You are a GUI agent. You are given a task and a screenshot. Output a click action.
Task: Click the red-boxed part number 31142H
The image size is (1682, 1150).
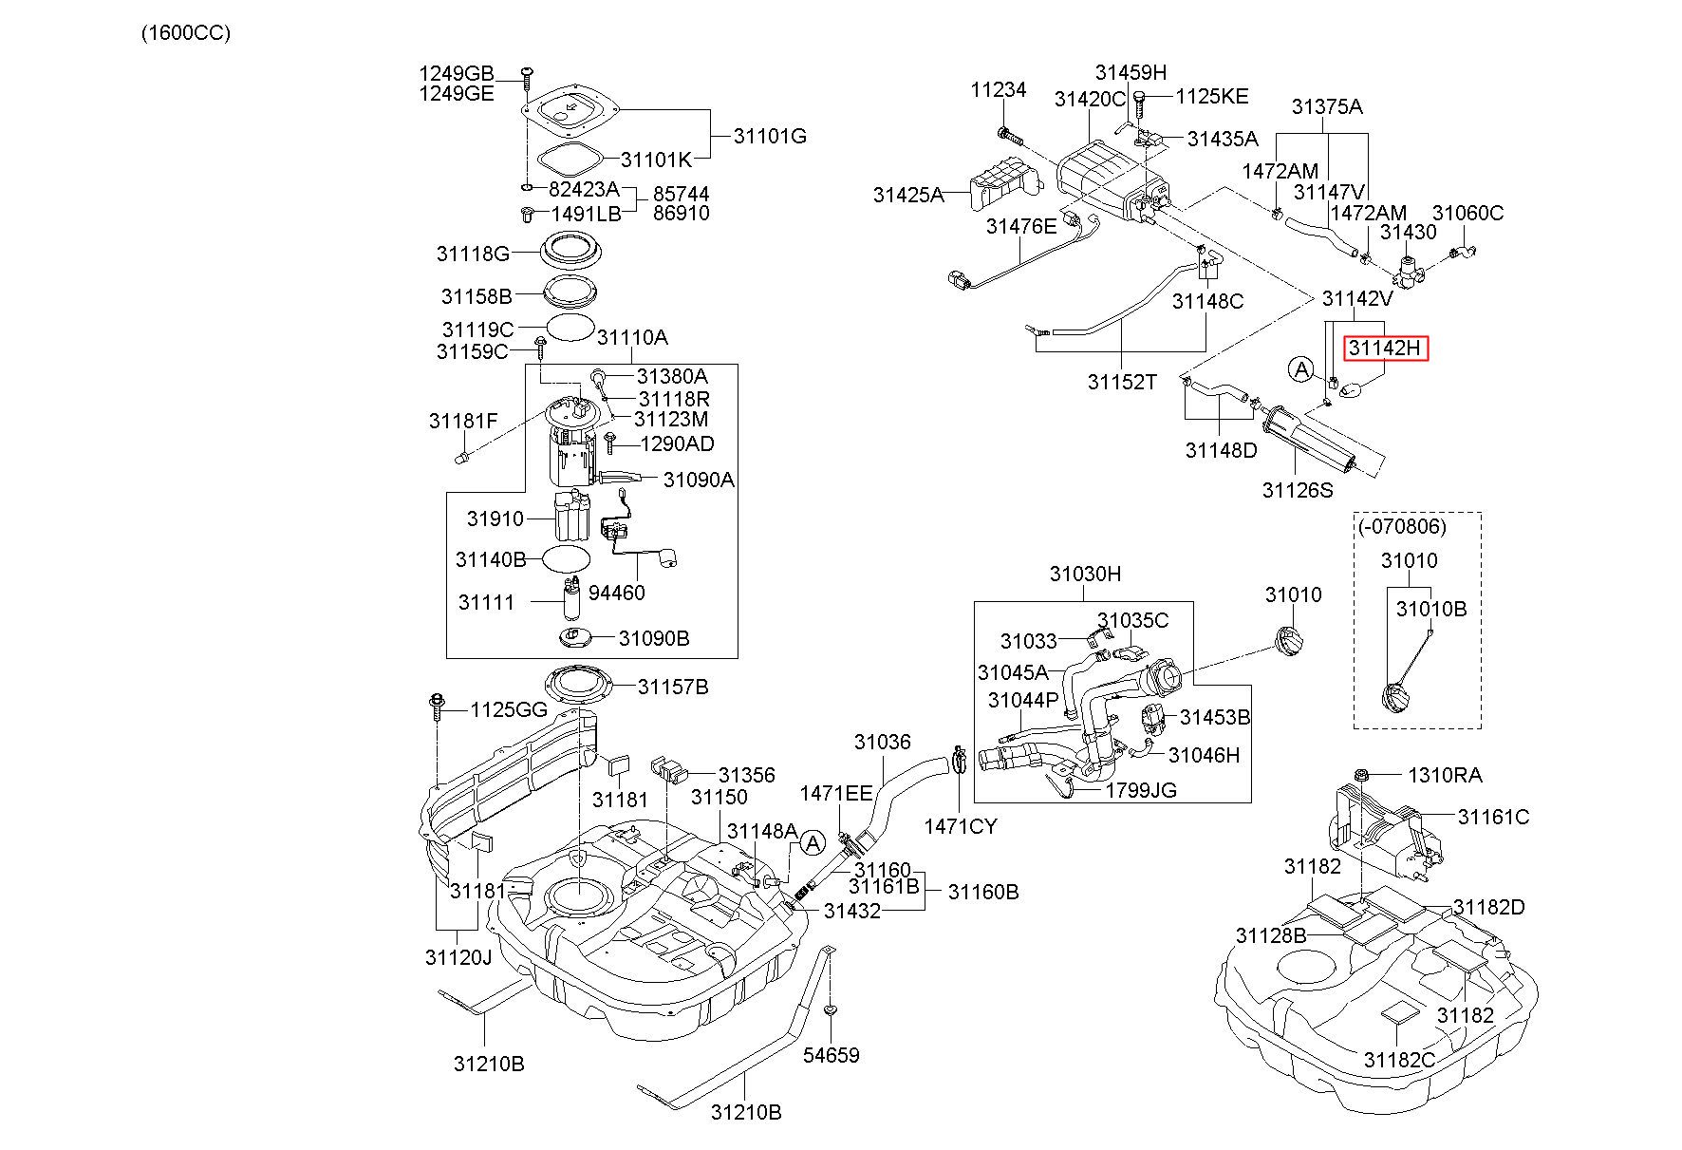(1385, 349)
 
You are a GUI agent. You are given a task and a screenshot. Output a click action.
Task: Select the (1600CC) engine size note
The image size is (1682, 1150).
(185, 33)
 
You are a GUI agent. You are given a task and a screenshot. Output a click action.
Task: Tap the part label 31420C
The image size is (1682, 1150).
(1090, 99)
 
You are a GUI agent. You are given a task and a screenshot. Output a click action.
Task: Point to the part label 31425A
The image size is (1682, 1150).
(908, 196)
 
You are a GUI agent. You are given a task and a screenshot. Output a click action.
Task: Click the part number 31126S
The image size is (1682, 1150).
(1298, 490)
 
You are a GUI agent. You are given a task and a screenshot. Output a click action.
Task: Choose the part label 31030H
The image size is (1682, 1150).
(1085, 574)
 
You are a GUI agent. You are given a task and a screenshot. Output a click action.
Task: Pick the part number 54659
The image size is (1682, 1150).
(832, 1055)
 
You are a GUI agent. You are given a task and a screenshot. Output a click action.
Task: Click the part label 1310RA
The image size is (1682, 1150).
(1445, 775)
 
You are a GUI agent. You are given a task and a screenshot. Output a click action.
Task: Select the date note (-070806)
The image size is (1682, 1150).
(1414, 526)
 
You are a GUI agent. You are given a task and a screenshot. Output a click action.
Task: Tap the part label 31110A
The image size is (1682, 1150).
(632, 337)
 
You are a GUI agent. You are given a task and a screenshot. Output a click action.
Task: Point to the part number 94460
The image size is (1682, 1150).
(616, 593)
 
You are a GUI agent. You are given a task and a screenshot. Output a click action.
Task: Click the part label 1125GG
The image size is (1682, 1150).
(510, 709)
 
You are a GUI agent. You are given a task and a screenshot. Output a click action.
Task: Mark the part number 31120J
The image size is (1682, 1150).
(458, 956)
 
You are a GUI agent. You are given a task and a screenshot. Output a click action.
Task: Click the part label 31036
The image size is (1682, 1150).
(882, 742)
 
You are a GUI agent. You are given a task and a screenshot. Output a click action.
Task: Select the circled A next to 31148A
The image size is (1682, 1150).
(812, 842)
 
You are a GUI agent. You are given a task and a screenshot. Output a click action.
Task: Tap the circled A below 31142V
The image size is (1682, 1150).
(1299, 368)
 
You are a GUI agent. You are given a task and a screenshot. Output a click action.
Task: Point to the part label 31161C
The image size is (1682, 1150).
(1494, 817)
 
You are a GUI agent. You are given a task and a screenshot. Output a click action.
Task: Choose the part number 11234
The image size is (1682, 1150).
(999, 90)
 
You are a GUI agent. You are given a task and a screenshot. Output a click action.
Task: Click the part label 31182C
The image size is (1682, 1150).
(1400, 1060)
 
